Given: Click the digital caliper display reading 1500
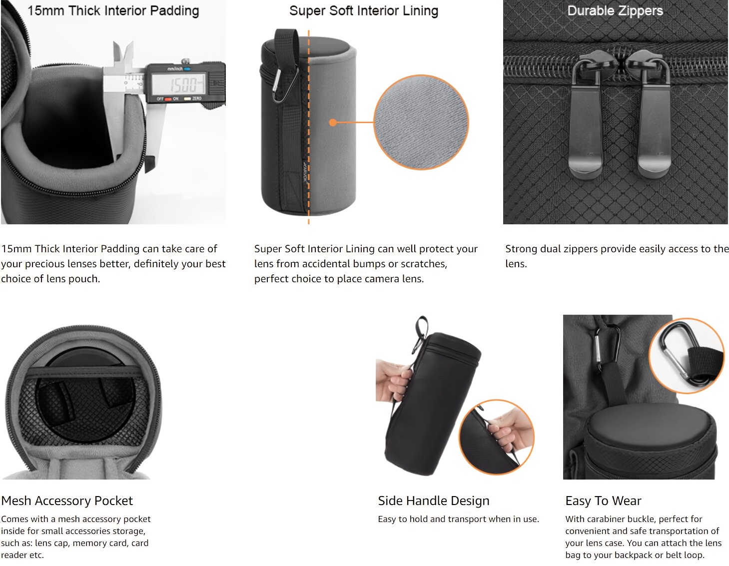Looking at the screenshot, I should tap(179, 83).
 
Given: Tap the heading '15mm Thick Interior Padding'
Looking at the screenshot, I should tap(113, 10).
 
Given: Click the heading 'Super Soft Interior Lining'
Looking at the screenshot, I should tap(364, 10).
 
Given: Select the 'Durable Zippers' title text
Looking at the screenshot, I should tap(615, 10).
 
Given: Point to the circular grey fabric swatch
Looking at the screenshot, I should tap(421, 122).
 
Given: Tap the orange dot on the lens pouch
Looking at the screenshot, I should tap(333, 122).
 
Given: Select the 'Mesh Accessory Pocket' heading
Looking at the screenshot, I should tap(67, 501).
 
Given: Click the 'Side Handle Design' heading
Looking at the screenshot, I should tap(434, 501).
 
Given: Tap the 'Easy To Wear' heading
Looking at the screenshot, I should tap(603, 501).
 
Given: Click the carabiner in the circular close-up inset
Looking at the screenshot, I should tap(687, 355).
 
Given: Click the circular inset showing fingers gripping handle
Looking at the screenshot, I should tap(497, 437).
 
